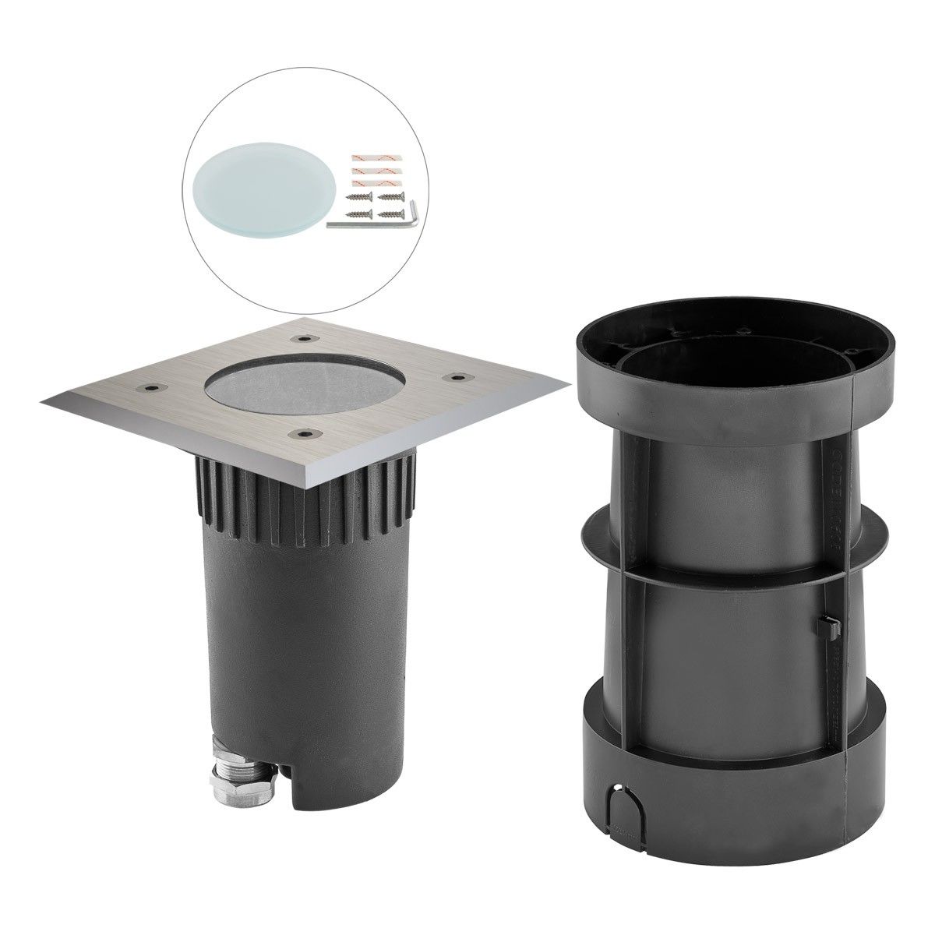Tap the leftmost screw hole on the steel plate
tap(149, 386)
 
